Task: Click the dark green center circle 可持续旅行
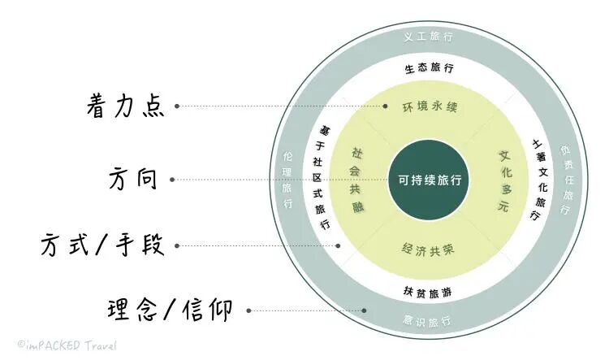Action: [x=429, y=180]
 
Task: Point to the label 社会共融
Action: [x=356, y=179]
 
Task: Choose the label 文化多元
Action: [x=503, y=180]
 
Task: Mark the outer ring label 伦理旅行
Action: [x=287, y=179]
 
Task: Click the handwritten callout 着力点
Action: [x=126, y=106]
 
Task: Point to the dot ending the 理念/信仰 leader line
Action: [x=365, y=310]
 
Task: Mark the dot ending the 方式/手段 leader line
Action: [x=339, y=245]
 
